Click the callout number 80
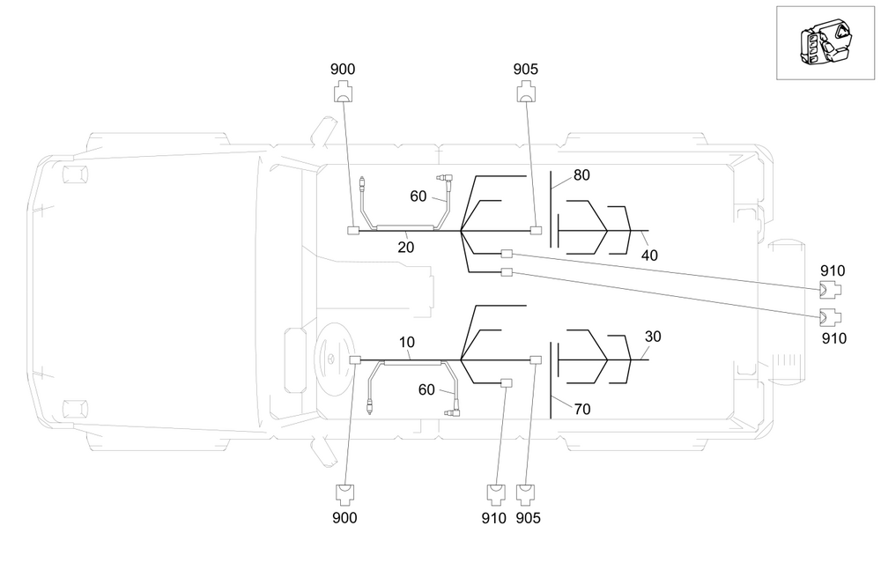[x=581, y=175]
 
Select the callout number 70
[x=582, y=409]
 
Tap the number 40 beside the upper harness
[x=649, y=255]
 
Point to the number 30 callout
[x=652, y=337]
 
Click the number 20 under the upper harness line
[x=405, y=248]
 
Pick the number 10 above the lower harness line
[x=407, y=342]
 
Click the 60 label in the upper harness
[x=418, y=196]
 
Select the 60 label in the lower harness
[x=426, y=389]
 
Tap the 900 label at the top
[x=342, y=69]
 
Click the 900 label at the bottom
[x=344, y=517]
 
